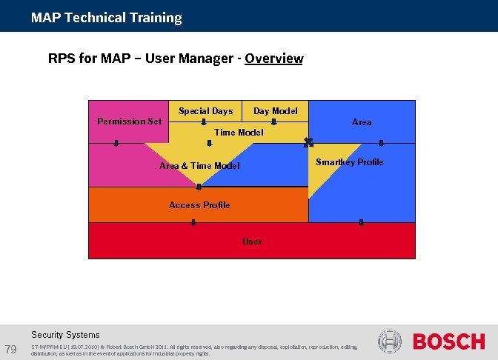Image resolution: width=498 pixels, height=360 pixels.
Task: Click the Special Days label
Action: [x=205, y=111]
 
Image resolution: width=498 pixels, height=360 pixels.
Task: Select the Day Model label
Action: [x=275, y=111]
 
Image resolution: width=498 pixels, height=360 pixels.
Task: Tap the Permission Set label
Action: [x=129, y=121]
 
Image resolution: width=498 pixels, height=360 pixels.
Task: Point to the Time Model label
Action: [x=238, y=133]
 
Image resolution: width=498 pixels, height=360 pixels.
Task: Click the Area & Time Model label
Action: [x=199, y=166]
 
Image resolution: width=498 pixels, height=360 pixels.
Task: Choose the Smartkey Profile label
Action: [x=349, y=162]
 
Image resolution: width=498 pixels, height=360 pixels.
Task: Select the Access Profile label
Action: [x=199, y=205]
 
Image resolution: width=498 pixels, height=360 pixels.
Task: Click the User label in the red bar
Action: [x=252, y=241]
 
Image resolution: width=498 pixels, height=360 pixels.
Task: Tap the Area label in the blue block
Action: [x=362, y=122]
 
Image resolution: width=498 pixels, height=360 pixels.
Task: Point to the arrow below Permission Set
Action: [x=116, y=144]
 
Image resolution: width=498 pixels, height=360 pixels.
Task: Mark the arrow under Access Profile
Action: [x=193, y=221]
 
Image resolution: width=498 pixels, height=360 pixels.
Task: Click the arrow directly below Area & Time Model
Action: [x=199, y=186]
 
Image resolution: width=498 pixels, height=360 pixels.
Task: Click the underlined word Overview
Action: [x=273, y=59]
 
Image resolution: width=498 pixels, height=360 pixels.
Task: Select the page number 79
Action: [x=11, y=349]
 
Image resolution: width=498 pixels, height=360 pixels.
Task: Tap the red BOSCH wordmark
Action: [x=448, y=341]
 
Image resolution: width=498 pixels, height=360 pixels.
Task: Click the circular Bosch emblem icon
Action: [x=390, y=341]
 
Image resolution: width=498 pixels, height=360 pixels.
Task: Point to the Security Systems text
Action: [x=65, y=335]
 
